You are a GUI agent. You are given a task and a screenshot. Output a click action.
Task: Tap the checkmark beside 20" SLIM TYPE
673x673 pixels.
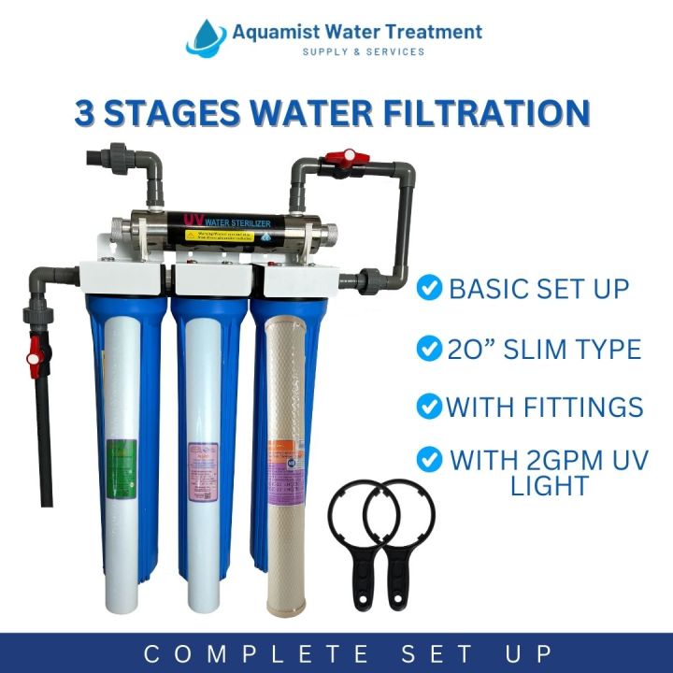click(430, 350)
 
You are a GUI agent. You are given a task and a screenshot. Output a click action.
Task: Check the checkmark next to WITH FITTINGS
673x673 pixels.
click(429, 408)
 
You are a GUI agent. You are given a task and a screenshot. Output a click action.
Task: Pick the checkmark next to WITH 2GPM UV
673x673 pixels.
click(430, 460)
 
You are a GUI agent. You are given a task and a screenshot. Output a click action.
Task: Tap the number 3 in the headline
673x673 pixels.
click(87, 112)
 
